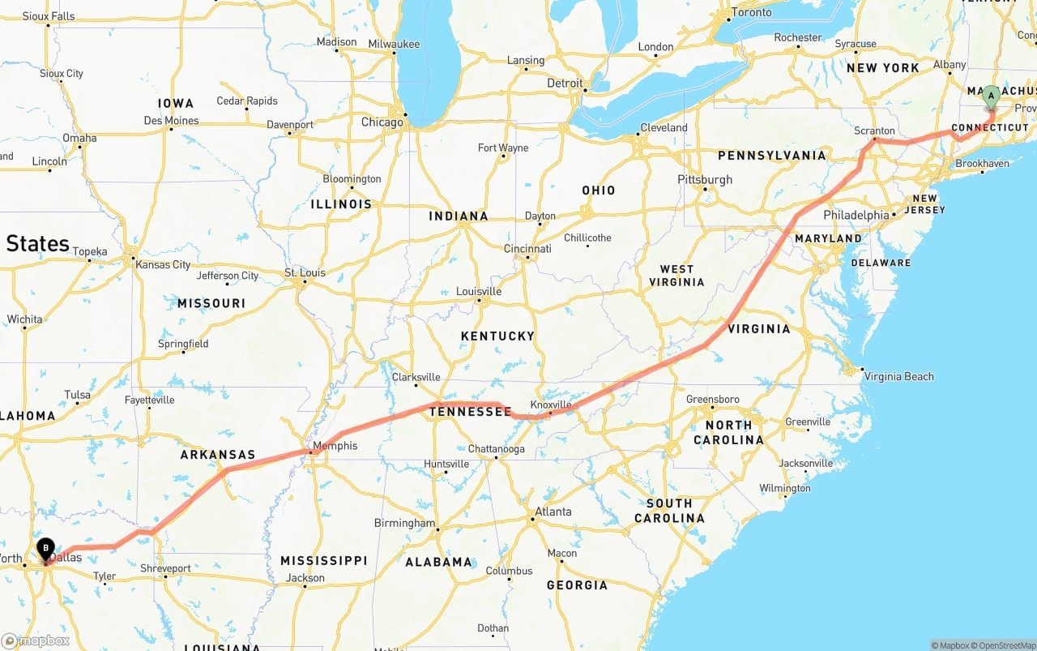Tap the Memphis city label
click(x=335, y=446)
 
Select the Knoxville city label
click(x=551, y=405)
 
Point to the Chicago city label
click(x=382, y=122)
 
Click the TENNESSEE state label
click(x=471, y=412)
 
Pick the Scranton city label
click(x=874, y=131)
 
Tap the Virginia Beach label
click(x=898, y=376)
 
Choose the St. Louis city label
click(x=305, y=272)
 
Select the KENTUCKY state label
click(x=497, y=336)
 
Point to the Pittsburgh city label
click(x=705, y=179)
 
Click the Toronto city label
click(x=752, y=13)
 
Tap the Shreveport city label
click(x=165, y=568)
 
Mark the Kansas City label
click(x=163, y=264)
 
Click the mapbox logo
click(x=36, y=640)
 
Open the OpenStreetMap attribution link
click(x=1006, y=645)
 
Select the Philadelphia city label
click(x=856, y=215)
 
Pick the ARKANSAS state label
click(x=217, y=455)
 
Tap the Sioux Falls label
click(x=49, y=15)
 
